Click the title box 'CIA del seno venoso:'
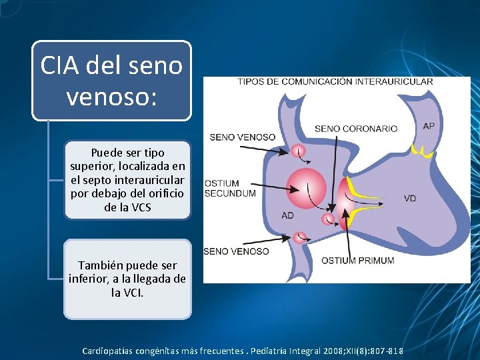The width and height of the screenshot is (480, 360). (x=111, y=81)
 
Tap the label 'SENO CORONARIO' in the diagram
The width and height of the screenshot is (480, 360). (x=355, y=129)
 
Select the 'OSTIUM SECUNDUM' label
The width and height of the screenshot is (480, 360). (x=230, y=188)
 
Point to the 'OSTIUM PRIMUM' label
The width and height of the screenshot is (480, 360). (x=357, y=260)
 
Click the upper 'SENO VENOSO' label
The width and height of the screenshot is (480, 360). (x=242, y=137)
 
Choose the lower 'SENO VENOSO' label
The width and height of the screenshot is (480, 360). (x=236, y=251)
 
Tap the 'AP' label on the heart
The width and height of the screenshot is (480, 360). (x=429, y=126)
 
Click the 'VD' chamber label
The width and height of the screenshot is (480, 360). (x=410, y=198)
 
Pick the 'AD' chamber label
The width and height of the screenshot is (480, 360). (x=287, y=215)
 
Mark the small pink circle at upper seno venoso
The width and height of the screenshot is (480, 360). (x=297, y=151)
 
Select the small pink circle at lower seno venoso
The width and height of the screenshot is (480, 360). (x=299, y=237)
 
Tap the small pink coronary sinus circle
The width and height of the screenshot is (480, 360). (x=327, y=219)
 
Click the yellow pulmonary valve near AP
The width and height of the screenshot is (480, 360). (x=422, y=152)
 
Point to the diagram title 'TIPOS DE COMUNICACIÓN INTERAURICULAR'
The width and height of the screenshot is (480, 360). (x=335, y=82)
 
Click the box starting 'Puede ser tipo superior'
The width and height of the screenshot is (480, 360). (x=127, y=180)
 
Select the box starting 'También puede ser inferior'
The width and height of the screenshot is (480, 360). (x=127, y=279)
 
